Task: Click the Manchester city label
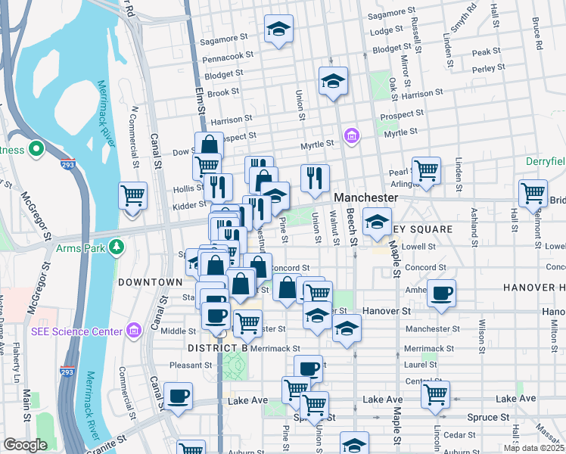[366, 197]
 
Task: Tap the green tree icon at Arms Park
[116, 247]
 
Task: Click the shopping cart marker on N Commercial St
[133, 195]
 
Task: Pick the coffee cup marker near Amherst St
[441, 292]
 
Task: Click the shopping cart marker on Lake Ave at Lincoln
[436, 393]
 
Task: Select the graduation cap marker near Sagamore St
[278, 29]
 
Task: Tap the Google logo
[25, 445]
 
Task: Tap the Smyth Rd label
[463, 17]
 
